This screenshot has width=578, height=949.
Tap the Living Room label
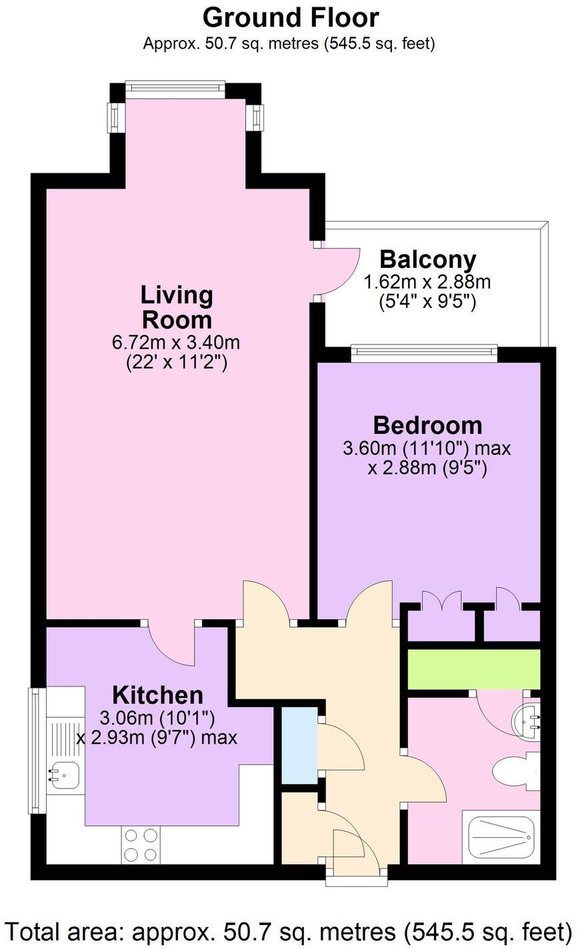point(177,307)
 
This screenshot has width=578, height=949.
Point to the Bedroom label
point(427,425)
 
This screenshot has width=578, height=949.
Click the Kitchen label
point(157,695)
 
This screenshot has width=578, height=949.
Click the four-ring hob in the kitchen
point(141,844)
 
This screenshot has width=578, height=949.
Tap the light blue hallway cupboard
point(299,745)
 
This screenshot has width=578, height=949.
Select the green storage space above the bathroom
point(473,670)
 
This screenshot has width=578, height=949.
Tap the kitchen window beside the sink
point(33,755)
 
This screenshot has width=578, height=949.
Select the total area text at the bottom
point(289,930)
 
